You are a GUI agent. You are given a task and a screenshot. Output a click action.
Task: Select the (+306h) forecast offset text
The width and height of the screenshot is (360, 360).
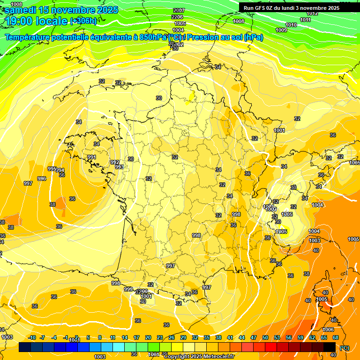click(x=83, y=21)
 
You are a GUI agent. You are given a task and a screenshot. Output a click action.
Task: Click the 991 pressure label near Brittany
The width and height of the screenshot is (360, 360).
click(x=92, y=157)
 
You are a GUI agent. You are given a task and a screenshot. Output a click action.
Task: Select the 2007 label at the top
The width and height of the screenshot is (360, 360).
click(x=179, y=10)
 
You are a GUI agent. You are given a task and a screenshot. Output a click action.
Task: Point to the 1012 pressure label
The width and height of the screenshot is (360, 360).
click(x=312, y=13)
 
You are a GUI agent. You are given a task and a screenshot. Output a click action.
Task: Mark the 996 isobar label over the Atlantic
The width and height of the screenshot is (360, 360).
click(x=42, y=179)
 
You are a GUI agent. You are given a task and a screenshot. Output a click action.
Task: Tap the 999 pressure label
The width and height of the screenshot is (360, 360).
click(x=128, y=289)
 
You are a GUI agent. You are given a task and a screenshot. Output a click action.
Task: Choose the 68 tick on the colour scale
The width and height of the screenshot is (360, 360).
click(x=336, y=337)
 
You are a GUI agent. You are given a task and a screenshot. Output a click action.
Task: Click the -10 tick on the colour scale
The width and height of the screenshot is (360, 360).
click(x=32, y=337)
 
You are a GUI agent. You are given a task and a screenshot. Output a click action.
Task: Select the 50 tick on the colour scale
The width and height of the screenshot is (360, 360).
click(x=265, y=337)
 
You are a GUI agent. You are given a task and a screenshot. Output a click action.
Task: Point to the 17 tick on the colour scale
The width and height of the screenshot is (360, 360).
click(x=136, y=337)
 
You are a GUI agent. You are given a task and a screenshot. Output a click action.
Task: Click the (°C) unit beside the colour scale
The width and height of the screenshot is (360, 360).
click(x=345, y=347)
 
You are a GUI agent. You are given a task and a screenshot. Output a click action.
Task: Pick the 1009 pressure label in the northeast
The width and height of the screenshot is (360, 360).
click(x=281, y=30)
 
